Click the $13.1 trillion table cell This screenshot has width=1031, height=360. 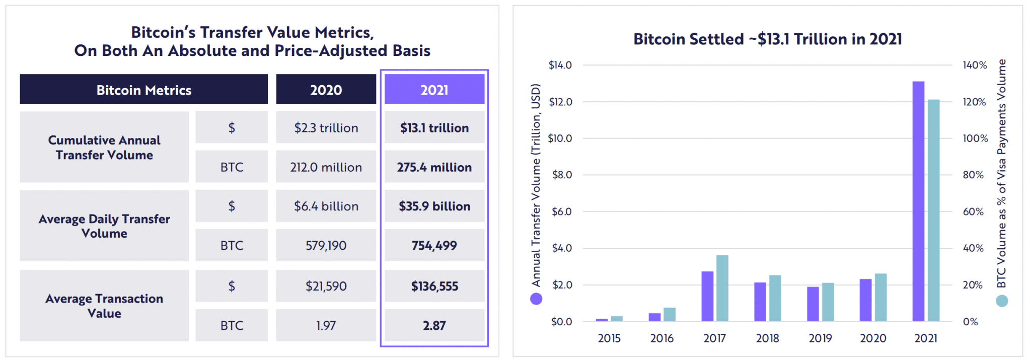[x=434, y=128]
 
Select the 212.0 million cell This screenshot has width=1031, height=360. [x=326, y=167]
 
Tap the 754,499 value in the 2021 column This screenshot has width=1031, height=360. [x=434, y=246]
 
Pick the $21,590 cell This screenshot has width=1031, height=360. [x=326, y=286]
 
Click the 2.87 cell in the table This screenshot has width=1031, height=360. [x=434, y=325]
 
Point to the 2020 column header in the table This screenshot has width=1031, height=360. [x=326, y=90]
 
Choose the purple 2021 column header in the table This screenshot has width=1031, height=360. [x=434, y=90]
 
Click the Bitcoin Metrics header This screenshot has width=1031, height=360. [x=143, y=90]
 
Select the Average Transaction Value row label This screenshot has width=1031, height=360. [x=104, y=306]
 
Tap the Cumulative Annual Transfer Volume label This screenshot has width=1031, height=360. [x=104, y=147]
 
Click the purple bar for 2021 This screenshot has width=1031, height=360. [x=918, y=201]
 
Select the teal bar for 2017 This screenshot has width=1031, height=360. [x=722, y=288]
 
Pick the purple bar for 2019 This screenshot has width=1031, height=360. [x=813, y=304]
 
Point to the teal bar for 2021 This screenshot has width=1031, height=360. [x=934, y=210]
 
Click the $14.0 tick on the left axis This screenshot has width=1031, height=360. [x=560, y=65]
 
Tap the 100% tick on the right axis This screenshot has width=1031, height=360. [x=975, y=138]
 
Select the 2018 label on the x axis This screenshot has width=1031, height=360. [x=767, y=338]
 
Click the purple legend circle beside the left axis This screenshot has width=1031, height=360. [x=536, y=299]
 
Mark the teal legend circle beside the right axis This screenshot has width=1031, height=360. [x=1002, y=301]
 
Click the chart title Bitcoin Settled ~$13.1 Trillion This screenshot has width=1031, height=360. [x=767, y=39]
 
